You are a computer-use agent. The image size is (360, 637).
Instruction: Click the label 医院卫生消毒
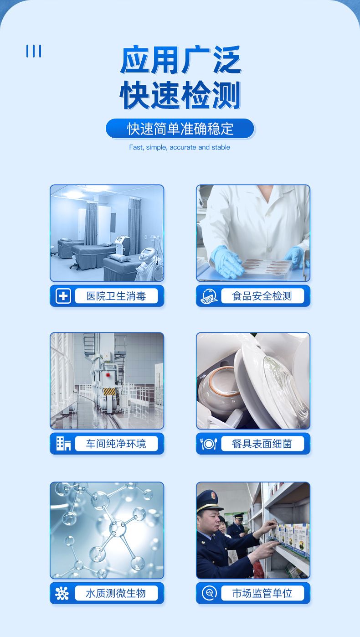pos(116,296)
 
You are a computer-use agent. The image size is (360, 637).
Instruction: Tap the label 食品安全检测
pos(262,296)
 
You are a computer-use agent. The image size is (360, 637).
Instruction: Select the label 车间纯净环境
pos(116,444)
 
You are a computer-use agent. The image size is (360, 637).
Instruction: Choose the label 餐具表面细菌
pos(262,444)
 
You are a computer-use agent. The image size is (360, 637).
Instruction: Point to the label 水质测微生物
pos(116,593)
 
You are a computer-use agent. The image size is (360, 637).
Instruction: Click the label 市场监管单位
pos(262,593)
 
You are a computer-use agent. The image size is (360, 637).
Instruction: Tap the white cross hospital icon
pos(63,296)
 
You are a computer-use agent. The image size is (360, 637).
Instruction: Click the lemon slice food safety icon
pos(209,296)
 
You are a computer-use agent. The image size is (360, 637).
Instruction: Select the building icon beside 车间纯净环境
pos(63,444)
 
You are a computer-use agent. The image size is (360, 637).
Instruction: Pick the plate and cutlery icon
pos(209,444)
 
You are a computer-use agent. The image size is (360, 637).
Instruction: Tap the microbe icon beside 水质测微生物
pos(62,594)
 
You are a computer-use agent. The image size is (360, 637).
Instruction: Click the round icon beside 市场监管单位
pos(209,593)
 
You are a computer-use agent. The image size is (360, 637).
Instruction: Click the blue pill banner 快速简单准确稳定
pos(180,129)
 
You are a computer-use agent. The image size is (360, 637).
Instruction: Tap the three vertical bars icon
pos(34,51)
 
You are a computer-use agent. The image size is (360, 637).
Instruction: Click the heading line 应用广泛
pos(181,60)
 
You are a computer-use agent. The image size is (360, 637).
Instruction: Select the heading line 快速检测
pos(180,95)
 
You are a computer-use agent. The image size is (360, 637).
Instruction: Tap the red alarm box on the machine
pos(108,375)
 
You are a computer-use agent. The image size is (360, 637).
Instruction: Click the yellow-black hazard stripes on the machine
pos(109,392)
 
